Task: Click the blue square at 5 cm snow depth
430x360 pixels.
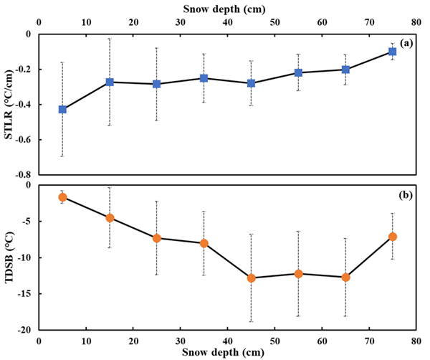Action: pyautogui.click(x=62, y=109)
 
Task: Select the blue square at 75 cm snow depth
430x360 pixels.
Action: pyautogui.click(x=392, y=52)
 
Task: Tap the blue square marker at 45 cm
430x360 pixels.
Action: pyautogui.click(x=251, y=83)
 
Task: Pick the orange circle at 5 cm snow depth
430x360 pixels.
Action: pyautogui.click(x=62, y=197)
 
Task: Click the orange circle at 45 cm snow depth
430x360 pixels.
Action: pyautogui.click(x=251, y=278)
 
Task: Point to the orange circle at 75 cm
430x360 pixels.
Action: pyautogui.click(x=392, y=237)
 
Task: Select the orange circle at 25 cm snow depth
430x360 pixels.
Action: pyautogui.click(x=157, y=237)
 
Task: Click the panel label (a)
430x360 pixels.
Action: pyautogui.click(x=406, y=43)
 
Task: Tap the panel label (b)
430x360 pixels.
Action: pyautogui.click(x=406, y=194)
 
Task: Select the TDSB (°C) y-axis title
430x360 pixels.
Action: pyautogui.click(x=10, y=257)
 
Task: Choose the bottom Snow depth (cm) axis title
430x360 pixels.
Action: pyautogui.click(x=226, y=353)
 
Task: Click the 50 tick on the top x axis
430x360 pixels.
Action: pyautogui.click(x=274, y=22)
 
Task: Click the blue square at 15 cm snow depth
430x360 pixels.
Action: pyautogui.click(x=110, y=82)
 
